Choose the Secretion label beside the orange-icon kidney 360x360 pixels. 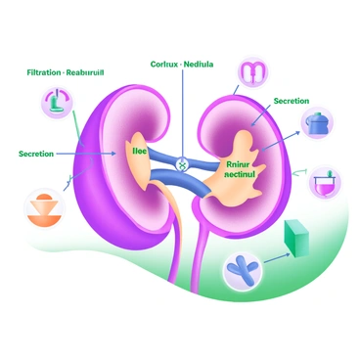(x=36, y=154)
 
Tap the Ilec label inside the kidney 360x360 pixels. (x=138, y=153)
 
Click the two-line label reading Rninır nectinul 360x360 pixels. (x=240, y=169)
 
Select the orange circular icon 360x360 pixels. (x=42, y=210)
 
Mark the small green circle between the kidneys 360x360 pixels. (x=181, y=165)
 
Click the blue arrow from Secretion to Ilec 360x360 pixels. (x=93, y=154)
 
